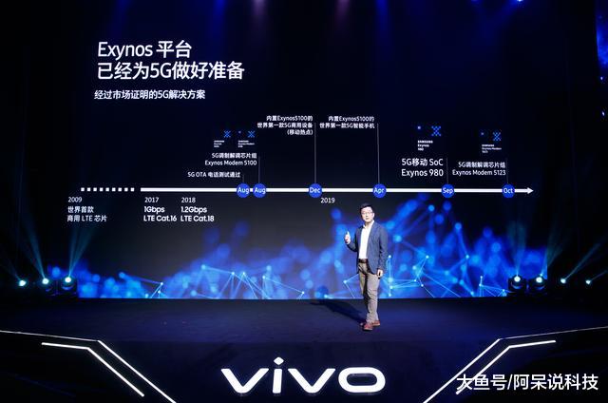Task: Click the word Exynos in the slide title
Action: tap(126, 48)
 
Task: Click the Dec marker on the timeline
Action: tap(315, 190)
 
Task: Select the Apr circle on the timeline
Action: tap(379, 190)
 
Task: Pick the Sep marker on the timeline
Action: tap(447, 190)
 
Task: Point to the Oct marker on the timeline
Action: tap(507, 190)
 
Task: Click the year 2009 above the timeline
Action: tap(75, 200)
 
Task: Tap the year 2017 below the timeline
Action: tap(152, 200)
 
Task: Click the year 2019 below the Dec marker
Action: tap(328, 201)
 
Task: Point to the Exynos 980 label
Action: tap(422, 172)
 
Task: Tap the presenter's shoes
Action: tap(368, 325)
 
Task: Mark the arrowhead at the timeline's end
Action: tap(528, 190)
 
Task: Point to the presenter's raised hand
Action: tap(348, 235)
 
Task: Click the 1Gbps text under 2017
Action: tap(155, 209)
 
